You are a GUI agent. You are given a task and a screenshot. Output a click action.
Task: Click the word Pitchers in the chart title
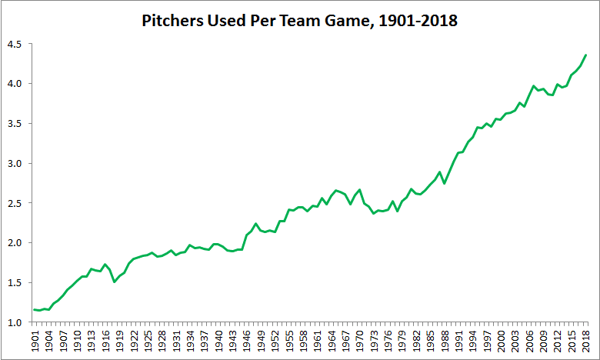pyautogui.click(x=170, y=21)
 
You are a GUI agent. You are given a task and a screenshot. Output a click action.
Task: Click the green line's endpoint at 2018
pyautogui.click(x=586, y=55)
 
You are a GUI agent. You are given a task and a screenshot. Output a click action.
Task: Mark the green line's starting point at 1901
pyautogui.click(x=35, y=309)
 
